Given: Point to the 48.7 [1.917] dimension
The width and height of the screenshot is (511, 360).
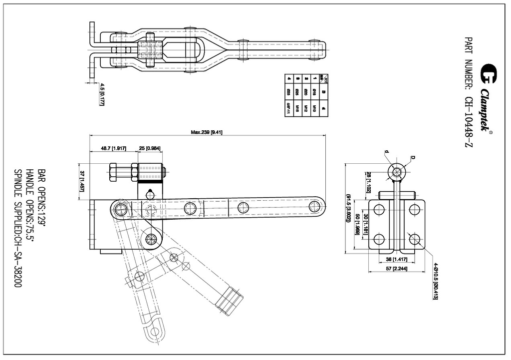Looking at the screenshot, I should coord(112,148).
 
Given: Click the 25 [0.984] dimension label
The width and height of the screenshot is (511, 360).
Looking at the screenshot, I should coord(150,148).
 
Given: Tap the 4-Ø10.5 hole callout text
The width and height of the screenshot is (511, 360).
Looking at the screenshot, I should coord(436,281).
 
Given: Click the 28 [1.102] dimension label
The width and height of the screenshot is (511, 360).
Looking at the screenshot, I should coord(368,182).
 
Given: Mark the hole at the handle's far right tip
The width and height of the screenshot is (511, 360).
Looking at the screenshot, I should coord(313,206).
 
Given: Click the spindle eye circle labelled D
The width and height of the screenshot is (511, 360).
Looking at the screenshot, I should coord(396,172).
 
